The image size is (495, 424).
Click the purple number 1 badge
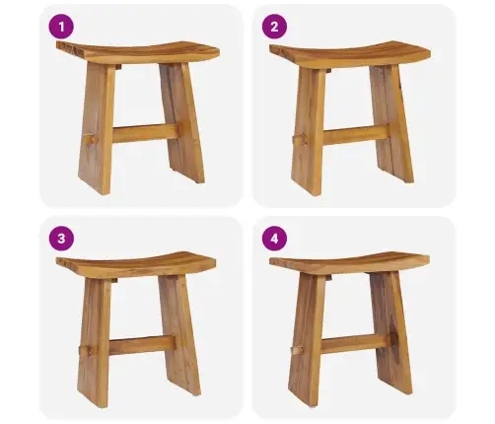(x=61, y=27)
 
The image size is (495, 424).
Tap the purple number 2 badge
(x=274, y=27)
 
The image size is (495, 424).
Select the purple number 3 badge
(x=61, y=239)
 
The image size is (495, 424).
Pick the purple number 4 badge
(x=274, y=239)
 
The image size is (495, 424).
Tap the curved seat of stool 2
(x=350, y=54)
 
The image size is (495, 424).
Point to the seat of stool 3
(x=136, y=264)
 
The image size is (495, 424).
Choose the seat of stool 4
(x=349, y=263)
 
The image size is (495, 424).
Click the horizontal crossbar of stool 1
(x=145, y=133)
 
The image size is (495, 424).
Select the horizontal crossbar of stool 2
(x=356, y=135)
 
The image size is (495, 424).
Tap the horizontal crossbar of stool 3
(x=142, y=345)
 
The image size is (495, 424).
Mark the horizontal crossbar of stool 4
(x=354, y=343)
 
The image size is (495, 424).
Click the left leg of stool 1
(x=98, y=128)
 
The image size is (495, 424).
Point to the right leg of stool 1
(x=182, y=123)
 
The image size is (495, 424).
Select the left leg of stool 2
(x=309, y=131)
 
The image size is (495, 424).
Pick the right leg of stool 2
(x=391, y=124)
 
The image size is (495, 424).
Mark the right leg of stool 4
(x=391, y=333)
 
